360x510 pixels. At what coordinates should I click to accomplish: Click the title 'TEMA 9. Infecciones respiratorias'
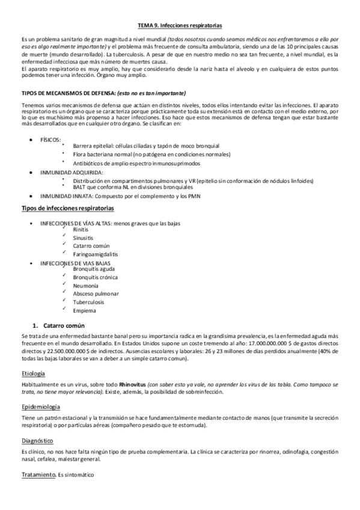pyautogui.click(x=180, y=26)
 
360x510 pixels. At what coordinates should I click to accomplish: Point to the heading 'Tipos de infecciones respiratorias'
pyautogui.click(x=67, y=207)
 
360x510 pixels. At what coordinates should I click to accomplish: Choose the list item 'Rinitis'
pyautogui.click(x=81, y=230)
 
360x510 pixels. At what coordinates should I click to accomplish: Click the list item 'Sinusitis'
pyautogui.click(x=84, y=238)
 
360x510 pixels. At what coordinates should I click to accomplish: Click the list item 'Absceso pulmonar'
pyautogui.click(x=96, y=294)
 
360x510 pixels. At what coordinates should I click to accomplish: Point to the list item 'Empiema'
pyautogui.click(x=84, y=311)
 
